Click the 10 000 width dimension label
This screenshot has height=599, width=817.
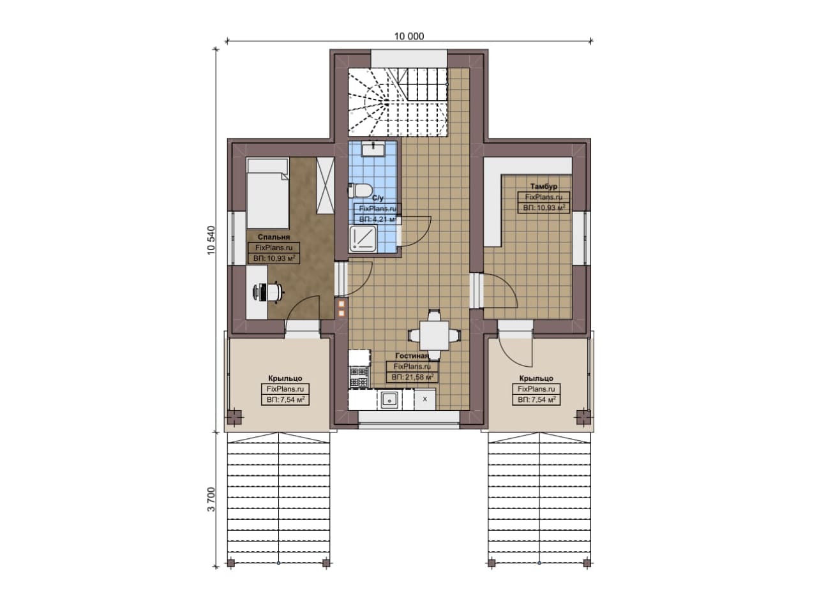point(409,36)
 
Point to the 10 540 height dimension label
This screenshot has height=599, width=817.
point(211,240)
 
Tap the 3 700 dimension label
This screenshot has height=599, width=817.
point(211,499)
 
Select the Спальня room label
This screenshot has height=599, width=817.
point(274,237)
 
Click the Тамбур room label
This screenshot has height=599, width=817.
point(543,186)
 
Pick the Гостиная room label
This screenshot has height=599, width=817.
point(412,355)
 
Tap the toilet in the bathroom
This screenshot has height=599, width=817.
point(361,190)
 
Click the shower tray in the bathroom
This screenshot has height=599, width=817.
point(363,239)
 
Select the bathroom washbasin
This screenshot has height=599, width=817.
point(373,149)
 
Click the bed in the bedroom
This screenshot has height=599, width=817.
point(268,193)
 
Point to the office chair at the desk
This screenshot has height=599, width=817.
point(269,292)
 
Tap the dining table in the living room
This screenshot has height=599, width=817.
point(434,336)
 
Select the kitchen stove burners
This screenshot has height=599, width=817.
point(359,377)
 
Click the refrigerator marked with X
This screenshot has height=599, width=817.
point(425,399)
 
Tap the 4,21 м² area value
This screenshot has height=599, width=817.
point(383,219)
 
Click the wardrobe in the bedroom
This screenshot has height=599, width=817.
point(325,186)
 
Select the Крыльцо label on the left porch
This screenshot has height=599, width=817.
point(285,378)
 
